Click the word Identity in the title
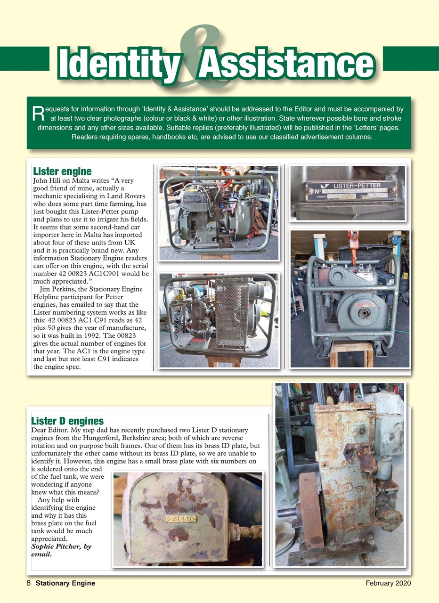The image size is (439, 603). coord(117,64)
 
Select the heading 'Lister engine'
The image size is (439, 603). coord(61,171)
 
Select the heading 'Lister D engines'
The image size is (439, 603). coord(67,421)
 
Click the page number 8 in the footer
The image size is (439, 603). coord(29,583)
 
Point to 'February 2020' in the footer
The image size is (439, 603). coord(388,583)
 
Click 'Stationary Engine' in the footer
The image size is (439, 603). coord(65,583)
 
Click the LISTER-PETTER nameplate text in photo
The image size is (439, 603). coord(357,186)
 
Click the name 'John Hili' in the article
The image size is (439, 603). coord(47,180)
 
